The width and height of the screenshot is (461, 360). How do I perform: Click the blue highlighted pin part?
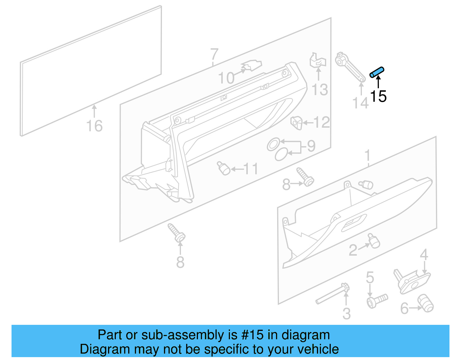pos(377,72)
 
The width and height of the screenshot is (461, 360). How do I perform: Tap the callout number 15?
pos(378,96)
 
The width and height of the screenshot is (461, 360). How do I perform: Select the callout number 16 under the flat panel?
pos(94,126)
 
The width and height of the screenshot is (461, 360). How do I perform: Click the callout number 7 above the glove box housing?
pos(214,54)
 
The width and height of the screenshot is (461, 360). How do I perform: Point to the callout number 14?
pos(360,103)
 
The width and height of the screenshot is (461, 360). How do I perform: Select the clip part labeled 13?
pos(318,61)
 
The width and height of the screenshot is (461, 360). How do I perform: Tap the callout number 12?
pos(322,122)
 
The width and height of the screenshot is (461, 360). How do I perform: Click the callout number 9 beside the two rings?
pos(311,146)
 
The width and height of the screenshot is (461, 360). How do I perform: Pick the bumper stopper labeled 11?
pos(224,168)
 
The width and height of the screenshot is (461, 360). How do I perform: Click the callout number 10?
pos(226,78)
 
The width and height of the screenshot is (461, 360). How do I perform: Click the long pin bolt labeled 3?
pos(331,295)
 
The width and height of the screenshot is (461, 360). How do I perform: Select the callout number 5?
pos(370,278)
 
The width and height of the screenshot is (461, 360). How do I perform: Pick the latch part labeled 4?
pos(412,281)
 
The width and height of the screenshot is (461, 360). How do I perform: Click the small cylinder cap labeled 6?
pos(426,303)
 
